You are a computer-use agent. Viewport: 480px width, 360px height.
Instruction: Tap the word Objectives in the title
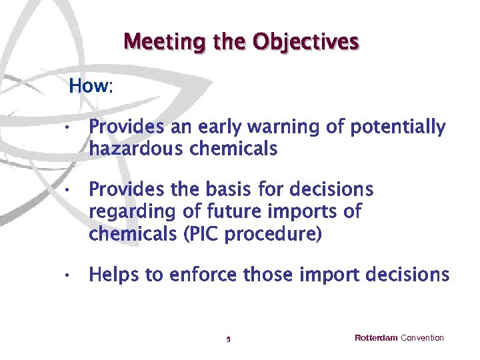tap(306, 42)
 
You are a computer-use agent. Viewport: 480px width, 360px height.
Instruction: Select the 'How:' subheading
tap(91, 86)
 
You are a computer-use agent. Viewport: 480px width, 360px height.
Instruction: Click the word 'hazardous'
tap(137, 149)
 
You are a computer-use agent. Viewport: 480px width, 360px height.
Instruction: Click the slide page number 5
tap(228, 339)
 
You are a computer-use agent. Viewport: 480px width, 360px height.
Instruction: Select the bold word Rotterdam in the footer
tap(376, 338)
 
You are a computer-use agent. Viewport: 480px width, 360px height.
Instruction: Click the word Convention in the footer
tap(422, 338)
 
